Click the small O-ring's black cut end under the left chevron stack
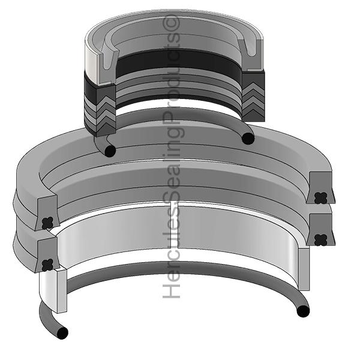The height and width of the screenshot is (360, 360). tap(110, 151)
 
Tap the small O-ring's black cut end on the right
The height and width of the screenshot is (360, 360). tap(248, 139)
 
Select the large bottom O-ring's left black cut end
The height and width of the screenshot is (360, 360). tap(62, 333)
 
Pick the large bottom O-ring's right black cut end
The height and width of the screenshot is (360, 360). tap(303, 311)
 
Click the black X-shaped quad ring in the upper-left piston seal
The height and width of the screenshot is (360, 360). tap(48, 223)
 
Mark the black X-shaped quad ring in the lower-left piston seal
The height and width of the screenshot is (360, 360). tap(48, 265)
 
